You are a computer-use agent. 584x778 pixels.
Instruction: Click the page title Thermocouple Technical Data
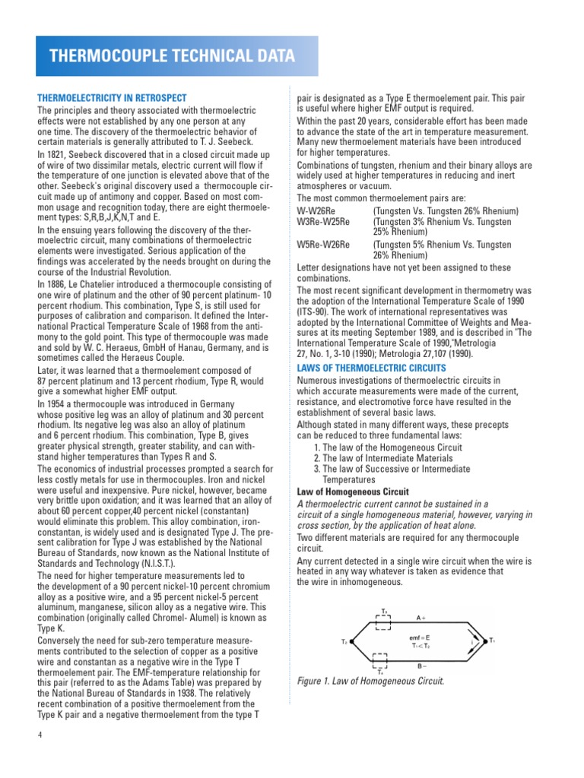click(x=172, y=56)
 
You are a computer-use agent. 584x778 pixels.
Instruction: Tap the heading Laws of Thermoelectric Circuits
click(x=372, y=368)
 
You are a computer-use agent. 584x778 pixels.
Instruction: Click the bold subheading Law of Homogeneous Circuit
click(x=352, y=492)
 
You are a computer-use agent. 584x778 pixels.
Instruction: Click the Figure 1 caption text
click(x=370, y=681)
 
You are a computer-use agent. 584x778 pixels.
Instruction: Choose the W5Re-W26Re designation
click(x=323, y=245)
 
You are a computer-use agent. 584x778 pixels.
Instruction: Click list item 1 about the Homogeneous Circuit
click(x=387, y=448)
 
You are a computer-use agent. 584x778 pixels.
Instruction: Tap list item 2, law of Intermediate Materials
click(x=389, y=459)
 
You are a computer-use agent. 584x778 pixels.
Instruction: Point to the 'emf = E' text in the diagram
click(x=420, y=636)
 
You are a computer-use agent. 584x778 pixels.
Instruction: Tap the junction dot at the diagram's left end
click(x=352, y=642)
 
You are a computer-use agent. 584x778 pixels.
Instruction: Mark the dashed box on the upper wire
click(x=384, y=622)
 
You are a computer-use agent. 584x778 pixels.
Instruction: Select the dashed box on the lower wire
click(x=384, y=660)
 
